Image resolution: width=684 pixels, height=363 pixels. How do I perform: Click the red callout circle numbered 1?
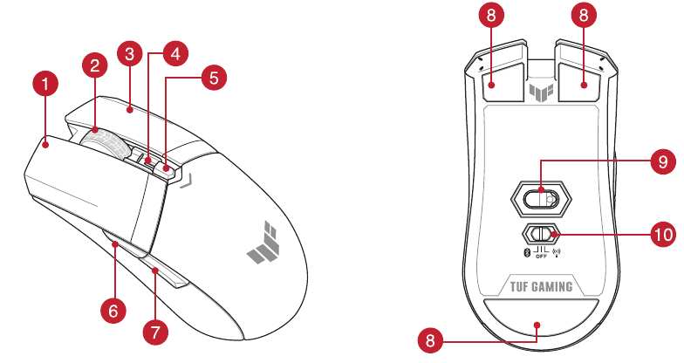coord(45,85)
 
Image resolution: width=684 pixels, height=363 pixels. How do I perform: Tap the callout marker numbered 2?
coord(95,65)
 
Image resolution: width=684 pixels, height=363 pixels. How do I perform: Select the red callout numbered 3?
coord(129,55)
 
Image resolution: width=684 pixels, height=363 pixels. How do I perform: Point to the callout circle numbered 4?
coord(174,52)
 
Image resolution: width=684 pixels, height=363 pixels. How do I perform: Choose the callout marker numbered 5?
coord(212,77)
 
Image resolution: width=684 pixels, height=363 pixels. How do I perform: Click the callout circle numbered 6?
coord(112,308)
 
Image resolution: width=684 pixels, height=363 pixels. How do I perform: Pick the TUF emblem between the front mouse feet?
coord(541,90)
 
